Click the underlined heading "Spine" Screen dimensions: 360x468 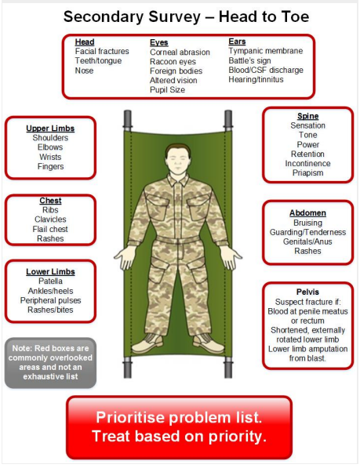(x=307, y=116)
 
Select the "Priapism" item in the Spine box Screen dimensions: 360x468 (x=307, y=172)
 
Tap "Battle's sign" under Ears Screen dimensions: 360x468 (x=249, y=60)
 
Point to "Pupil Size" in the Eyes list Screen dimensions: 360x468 (x=167, y=90)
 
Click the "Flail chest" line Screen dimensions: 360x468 (x=50, y=229)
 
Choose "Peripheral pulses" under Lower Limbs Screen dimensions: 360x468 (x=50, y=300)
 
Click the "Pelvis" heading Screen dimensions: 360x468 (x=307, y=292)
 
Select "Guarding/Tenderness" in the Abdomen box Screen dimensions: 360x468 (x=307, y=232)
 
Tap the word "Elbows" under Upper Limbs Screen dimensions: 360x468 (x=50, y=147)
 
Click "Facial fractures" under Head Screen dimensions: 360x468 (x=102, y=51)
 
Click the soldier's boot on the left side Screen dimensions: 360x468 (x=147, y=343)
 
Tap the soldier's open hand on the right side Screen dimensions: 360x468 (x=231, y=257)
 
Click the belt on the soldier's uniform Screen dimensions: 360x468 (x=178, y=239)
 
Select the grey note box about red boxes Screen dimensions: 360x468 (x=50, y=363)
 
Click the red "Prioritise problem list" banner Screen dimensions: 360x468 (x=179, y=427)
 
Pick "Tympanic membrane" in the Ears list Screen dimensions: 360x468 (x=266, y=51)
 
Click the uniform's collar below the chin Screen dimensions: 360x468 (x=178, y=180)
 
